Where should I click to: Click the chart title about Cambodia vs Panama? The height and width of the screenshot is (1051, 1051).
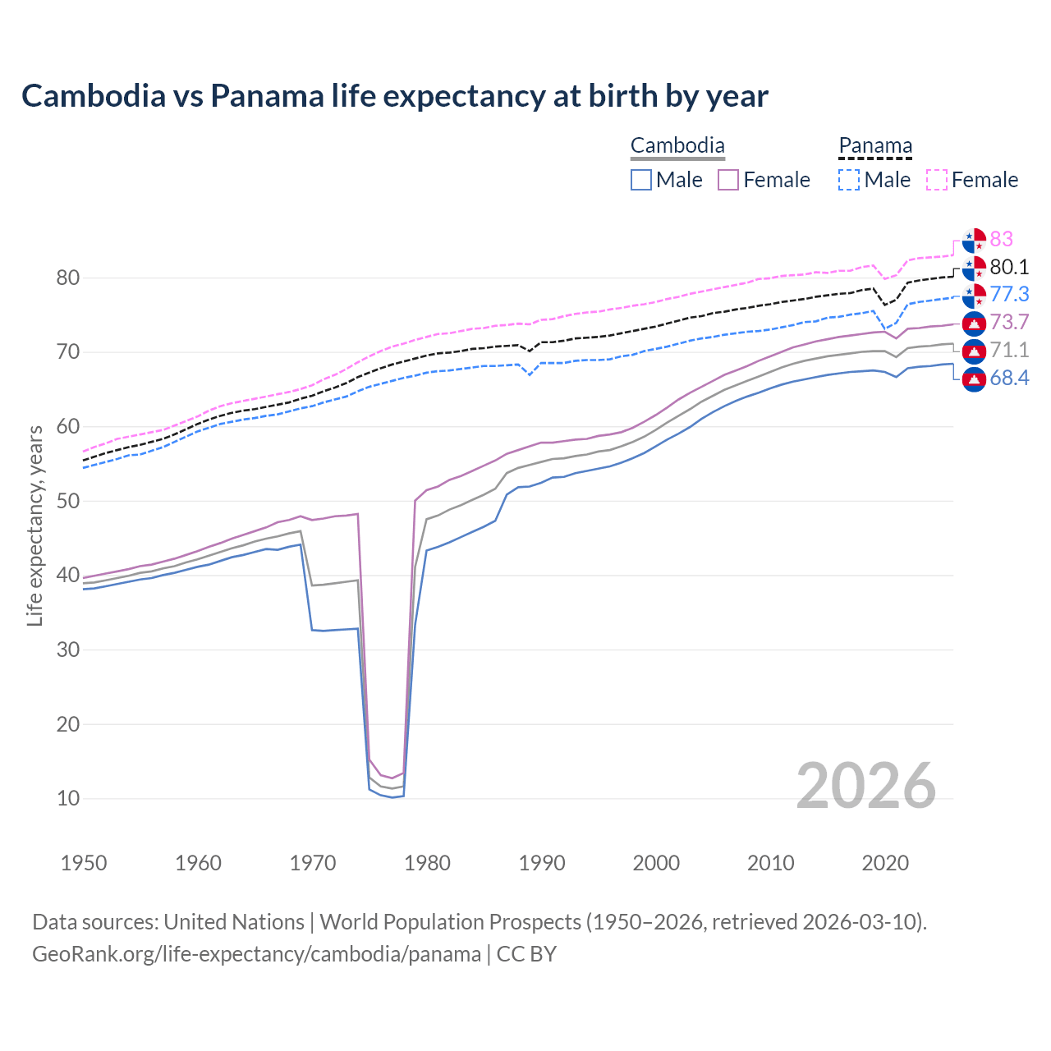point(394,96)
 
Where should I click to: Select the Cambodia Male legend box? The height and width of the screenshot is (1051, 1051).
point(641,180)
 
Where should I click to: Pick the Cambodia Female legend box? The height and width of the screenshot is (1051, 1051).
point(728,180)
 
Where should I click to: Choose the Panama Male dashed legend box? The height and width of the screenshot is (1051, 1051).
point(849,180)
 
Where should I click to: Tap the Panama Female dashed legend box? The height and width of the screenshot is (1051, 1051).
point(937,180)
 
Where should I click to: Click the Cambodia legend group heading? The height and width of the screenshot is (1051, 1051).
point(677,146)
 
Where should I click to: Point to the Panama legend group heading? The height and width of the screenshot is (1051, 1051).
point(875,146)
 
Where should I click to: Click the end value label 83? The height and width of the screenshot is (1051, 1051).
point(1002,239)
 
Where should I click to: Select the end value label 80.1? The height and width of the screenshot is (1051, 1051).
point(1009,267)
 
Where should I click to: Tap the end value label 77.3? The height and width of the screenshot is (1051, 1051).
point(1009,294)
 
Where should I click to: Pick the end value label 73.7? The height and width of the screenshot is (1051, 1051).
point(1009,322)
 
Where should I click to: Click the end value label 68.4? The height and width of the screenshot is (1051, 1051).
point(1009,378)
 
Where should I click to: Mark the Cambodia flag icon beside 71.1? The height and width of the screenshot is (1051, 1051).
point(974,351)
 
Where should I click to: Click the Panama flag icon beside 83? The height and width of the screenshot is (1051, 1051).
point(974,240)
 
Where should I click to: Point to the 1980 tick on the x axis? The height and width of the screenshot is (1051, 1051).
point(428,863)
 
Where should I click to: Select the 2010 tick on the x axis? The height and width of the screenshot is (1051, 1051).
point(770,863)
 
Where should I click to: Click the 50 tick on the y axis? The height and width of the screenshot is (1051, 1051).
point(68,501)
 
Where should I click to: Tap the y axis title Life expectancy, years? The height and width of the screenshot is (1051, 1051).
point(34,525)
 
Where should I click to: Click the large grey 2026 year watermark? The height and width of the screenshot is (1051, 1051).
point(866,786)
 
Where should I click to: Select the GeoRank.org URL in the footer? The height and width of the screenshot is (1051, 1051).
point(256,954)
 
